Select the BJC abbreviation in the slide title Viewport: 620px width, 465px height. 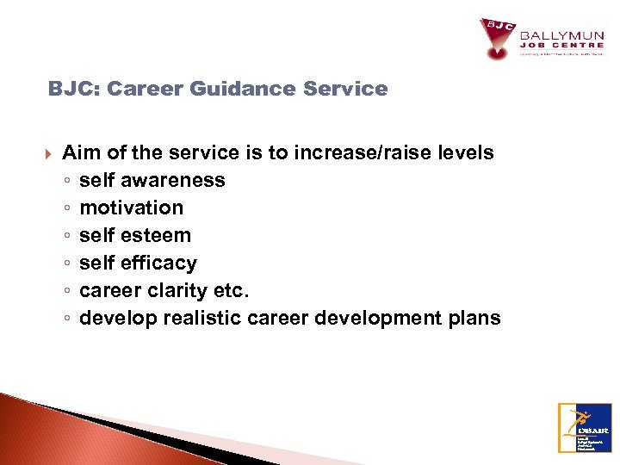67,89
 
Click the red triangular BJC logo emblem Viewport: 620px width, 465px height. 497,39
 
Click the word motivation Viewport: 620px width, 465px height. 131,208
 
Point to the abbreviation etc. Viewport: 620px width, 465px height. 231,291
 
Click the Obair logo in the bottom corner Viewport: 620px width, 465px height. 585,427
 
